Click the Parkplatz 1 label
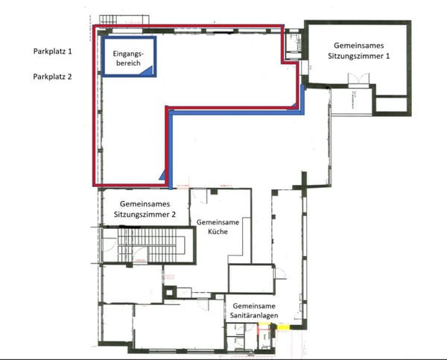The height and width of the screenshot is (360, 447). [53, 51]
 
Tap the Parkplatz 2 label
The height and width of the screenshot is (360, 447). [52, 77]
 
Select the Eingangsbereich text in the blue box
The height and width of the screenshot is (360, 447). [129, 58]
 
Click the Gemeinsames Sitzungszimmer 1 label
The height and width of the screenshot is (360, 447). [358, 51]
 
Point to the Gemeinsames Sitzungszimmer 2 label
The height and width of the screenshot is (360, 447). [145, 209]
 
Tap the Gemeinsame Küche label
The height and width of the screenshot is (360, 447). [218, 227]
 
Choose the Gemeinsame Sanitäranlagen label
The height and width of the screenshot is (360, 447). [254, 311]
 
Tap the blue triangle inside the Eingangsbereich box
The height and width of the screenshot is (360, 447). [147, 71]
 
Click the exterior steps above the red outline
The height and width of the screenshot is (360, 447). [124, 19]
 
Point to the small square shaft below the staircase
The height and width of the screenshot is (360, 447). [170, 292]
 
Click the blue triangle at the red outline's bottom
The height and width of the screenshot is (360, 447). [162, 175]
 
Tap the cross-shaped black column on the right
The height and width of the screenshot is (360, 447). [304, 183]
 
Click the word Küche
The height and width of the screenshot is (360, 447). [218, 231]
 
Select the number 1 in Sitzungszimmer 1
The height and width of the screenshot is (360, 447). [387, 56]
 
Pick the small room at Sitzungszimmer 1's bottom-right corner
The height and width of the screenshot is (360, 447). [392, 105]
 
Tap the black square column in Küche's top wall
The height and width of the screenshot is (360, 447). [214, 192]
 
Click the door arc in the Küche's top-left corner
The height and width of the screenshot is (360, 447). [200, 198]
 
